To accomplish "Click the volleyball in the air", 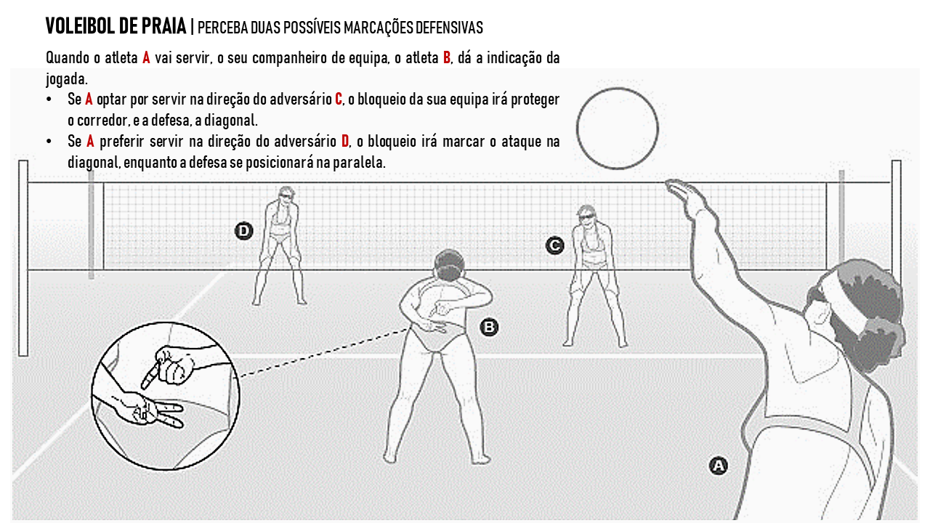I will pos(618,129).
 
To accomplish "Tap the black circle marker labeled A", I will pos(718,466).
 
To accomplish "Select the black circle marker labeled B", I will pos(490,328).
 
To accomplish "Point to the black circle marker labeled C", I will pos(554,246).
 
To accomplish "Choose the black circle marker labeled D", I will pos(243,231).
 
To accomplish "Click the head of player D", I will pos(283,196).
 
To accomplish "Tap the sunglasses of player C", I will pos(586,216).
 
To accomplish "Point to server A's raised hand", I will pos(683,192).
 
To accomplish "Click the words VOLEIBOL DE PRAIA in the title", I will pos(116,27).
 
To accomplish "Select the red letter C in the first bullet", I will pos(339,99).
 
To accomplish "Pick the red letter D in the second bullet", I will pos(345,141).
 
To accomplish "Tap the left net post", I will pos(23,258).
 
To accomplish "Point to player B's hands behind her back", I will pos(440,320).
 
